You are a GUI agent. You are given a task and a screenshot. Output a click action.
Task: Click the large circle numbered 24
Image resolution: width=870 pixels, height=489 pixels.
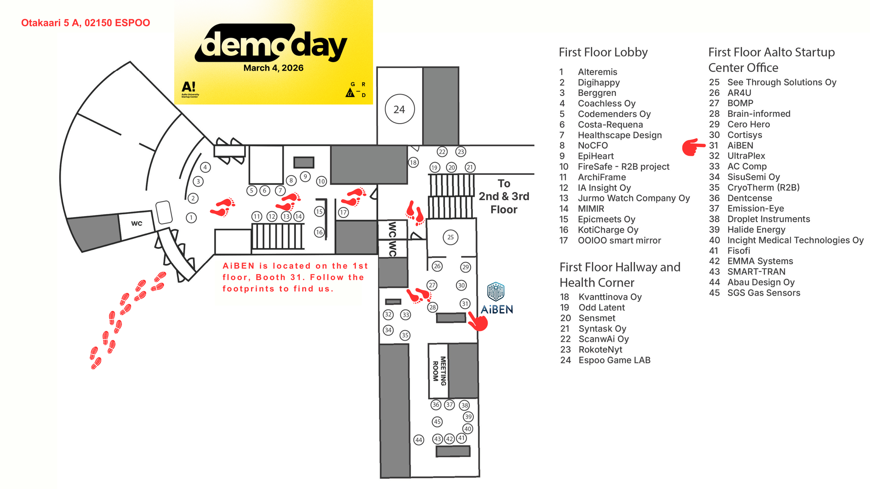coord(400,109)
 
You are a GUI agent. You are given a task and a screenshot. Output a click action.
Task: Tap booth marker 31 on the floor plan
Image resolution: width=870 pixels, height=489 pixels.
coord(465,304)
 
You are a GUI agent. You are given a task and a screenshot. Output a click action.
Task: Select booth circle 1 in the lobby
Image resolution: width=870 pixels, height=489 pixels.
coord(191,218)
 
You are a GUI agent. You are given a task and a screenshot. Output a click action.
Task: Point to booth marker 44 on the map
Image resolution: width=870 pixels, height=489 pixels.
coord(419,440)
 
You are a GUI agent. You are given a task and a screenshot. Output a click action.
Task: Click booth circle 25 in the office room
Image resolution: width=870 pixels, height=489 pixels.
coord(450,237)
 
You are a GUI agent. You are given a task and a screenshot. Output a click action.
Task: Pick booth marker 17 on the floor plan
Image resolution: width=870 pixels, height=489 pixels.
coord(343,212)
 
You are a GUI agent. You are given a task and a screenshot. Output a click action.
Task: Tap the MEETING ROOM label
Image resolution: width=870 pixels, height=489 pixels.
coord(439,371)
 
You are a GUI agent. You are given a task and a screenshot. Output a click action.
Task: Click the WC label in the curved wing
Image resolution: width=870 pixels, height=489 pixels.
coord(136,223)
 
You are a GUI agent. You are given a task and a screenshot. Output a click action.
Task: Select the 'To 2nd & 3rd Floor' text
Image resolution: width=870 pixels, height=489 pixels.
coord(504,197)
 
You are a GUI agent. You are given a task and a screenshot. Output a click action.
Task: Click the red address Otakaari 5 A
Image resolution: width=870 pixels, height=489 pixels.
coord(86,23)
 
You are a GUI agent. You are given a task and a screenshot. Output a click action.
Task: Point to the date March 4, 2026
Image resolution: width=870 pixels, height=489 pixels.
coord(273,68)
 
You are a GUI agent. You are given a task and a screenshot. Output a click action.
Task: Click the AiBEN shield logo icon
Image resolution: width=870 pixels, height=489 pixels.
coord(496,291)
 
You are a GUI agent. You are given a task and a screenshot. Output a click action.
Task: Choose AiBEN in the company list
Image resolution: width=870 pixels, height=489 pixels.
coord(740,145)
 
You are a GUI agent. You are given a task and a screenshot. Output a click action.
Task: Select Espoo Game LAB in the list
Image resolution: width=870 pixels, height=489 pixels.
coord(614,360)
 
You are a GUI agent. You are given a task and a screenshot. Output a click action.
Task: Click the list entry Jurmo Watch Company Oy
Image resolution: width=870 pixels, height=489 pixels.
coord(634,198)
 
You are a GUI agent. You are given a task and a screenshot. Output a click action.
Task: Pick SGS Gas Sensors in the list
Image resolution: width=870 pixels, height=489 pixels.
coord(764,293)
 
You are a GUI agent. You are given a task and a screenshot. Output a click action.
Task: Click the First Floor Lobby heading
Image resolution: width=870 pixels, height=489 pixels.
coord(603,52)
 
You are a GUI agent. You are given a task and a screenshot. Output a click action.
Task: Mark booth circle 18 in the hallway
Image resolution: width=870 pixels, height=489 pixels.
coord(413,162)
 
